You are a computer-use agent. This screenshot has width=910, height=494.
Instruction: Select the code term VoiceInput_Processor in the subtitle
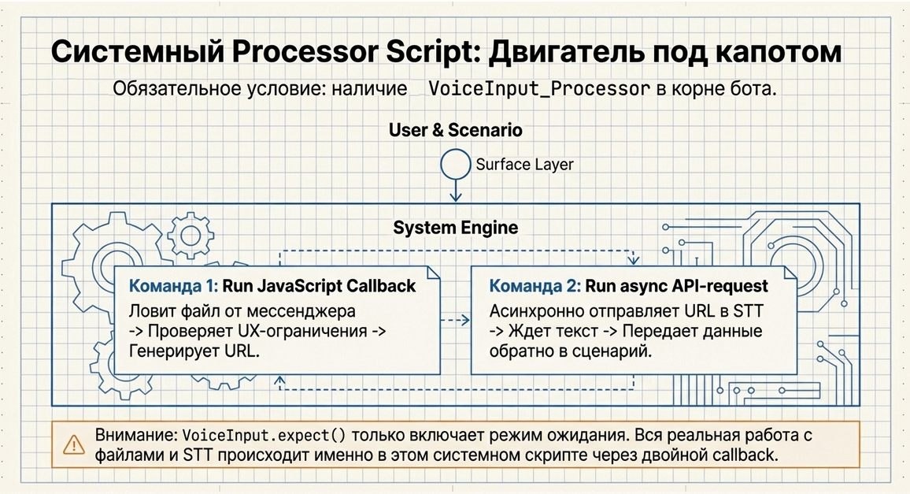point(539,88)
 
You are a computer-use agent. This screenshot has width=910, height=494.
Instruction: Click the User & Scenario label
point(455,130)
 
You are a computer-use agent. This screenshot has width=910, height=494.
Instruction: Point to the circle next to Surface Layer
point(455,164)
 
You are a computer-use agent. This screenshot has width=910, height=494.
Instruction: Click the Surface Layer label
point(524,165)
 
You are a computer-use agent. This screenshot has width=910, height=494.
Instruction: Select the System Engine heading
point(455,228)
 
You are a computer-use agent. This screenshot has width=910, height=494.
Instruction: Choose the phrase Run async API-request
point(675,286)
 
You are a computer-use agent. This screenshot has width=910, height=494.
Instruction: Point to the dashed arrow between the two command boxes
point(455,320)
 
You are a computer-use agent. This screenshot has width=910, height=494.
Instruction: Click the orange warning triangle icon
point(74,445)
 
